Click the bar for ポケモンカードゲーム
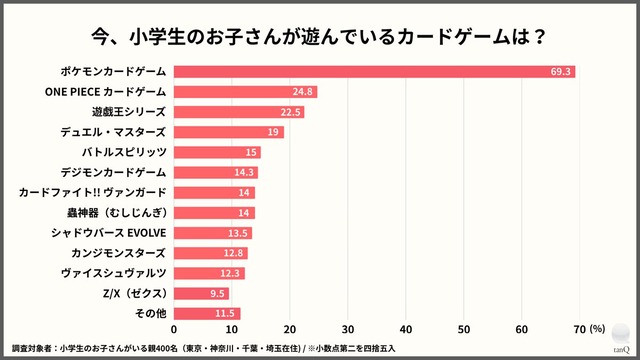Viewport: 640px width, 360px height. (374, 71)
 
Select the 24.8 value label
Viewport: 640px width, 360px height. (304, 91)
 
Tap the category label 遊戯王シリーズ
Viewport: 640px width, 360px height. (129, 111)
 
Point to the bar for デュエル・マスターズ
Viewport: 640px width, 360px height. (229, 132)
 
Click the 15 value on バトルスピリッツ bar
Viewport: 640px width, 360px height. (251, 152)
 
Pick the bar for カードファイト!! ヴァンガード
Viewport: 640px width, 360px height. (214, 192)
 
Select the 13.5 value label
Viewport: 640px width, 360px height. (239, 233)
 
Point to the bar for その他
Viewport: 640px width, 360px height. (207, 314)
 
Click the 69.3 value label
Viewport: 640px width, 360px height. (561, 71)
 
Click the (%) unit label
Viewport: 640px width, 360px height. (597, 327)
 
